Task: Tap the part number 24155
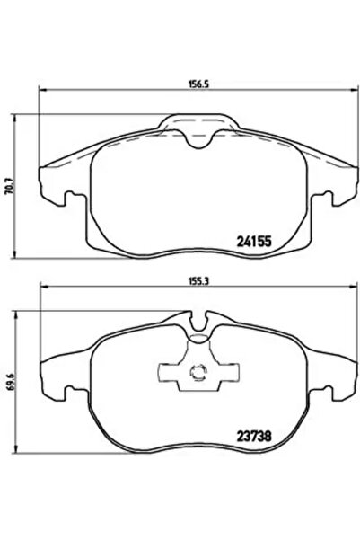pyautogui.click(x=254, y=242)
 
